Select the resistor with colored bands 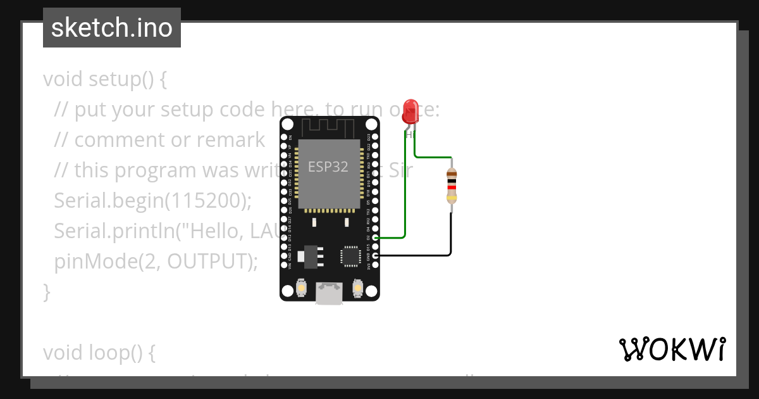452,185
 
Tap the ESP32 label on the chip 328,167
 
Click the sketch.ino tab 112,28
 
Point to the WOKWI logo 672,349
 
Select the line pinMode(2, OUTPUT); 156,261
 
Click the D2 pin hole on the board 375,237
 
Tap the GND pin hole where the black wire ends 375,255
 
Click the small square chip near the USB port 350,255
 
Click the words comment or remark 170,141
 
